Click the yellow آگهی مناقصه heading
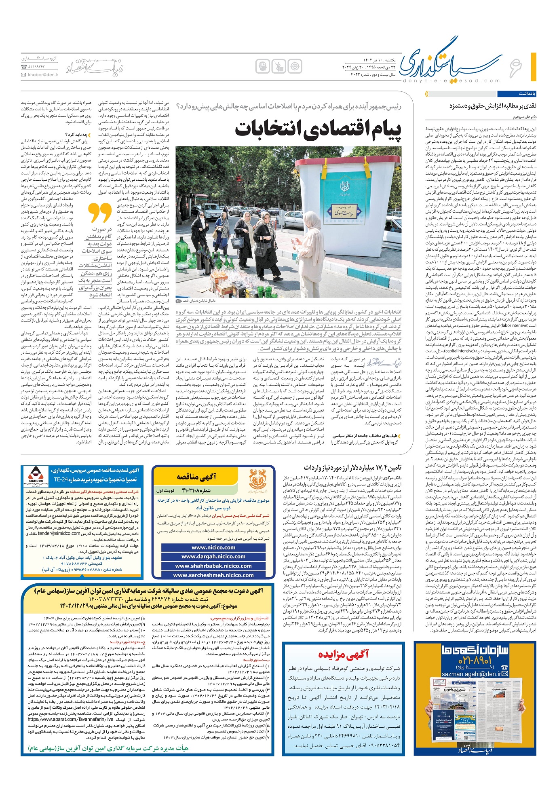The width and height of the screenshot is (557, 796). (x=196, y=477)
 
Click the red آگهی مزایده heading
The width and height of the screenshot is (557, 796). (x=343, y=655)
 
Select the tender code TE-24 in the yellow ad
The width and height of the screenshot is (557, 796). (x=61, y=480)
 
